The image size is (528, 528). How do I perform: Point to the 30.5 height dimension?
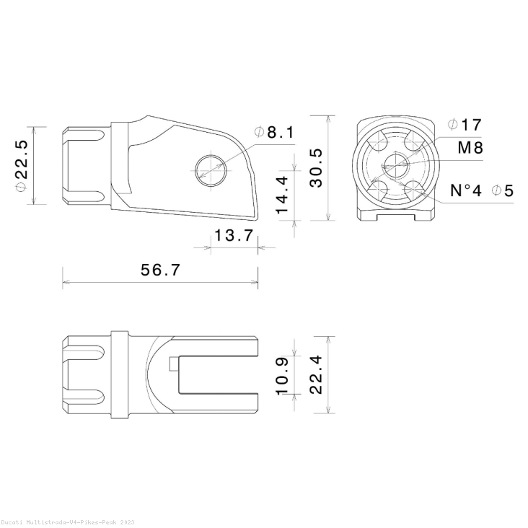[x=316, y=167]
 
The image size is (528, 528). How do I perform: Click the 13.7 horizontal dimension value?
[x=233, y=235]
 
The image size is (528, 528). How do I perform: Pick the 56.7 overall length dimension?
[x=160, y=270]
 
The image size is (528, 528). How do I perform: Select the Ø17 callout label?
[x=464, y=125]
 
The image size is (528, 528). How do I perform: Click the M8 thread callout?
[x=470, y=148]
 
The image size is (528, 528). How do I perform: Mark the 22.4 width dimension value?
[x=316, y=374]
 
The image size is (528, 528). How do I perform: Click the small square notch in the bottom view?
[x=173, y=364]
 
